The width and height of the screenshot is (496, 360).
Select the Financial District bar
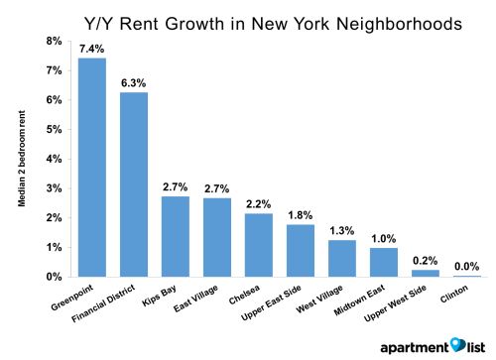(x=134, y=183)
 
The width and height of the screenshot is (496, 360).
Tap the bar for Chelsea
(x=258, y=244)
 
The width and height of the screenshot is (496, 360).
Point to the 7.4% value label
(x=92, y=49)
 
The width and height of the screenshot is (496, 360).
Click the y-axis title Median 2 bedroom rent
(x=20, y=159)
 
